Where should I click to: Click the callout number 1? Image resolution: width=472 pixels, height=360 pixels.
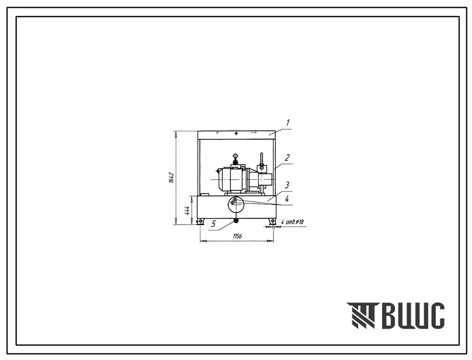(288, 123)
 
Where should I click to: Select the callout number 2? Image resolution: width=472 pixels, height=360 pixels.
(288, 157)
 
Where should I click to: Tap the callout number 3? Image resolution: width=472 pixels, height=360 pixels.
(287, 185)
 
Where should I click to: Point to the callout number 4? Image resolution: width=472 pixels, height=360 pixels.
(287, 199)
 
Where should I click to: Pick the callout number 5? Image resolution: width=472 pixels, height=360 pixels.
(214, 224)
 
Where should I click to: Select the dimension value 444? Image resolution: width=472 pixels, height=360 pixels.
(187, 210)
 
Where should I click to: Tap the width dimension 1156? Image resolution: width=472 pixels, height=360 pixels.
(237, 236)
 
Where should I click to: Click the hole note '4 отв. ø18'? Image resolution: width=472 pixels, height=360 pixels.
(292, 222)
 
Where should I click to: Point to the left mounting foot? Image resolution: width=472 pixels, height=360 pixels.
(200, 221)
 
